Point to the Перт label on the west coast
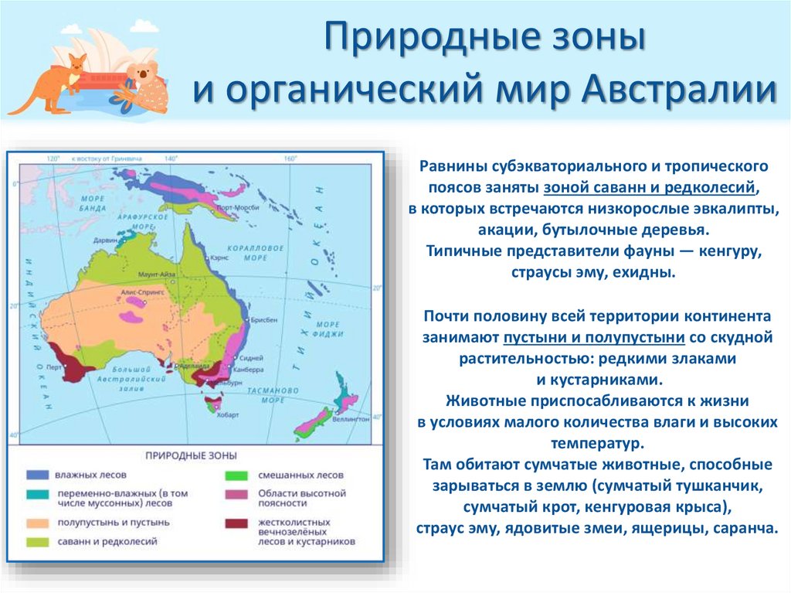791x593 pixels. click(55, 367)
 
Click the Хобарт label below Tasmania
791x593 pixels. click(219, 415)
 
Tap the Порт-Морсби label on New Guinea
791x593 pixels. click(238, 209)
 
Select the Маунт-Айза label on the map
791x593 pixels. click(155, 274)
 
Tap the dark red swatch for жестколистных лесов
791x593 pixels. click(236, 523)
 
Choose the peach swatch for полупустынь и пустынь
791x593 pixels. click(36, 523)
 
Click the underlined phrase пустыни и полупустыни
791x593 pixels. click(594, 337)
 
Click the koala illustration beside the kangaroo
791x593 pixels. click(147, 85)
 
